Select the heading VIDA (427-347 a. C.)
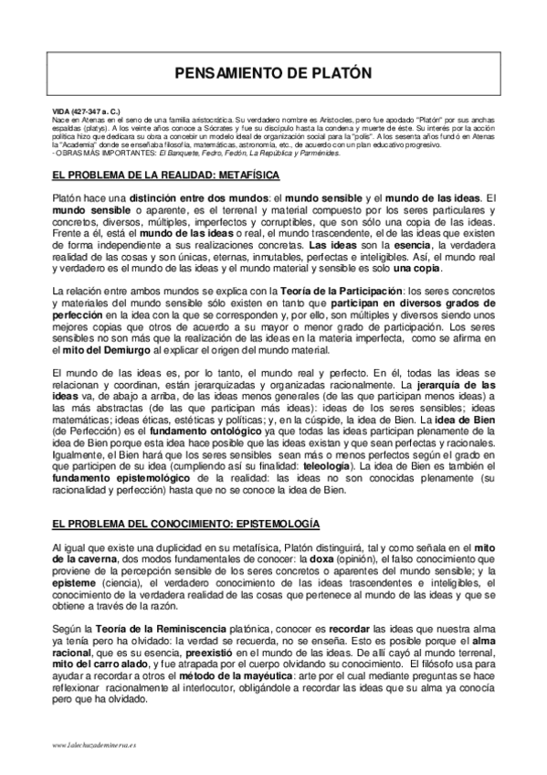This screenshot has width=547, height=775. pyautogui.click(x=85, y=110)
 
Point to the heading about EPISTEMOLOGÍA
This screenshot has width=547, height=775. pyautogui.click(x=185, y=524)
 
